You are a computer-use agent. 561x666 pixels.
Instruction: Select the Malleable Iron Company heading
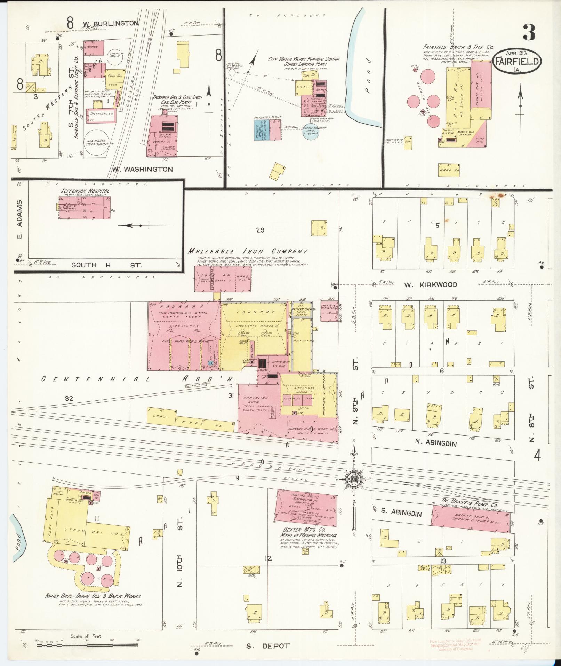[248, 251]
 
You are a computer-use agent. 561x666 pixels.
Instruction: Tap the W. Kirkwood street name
[431, 285]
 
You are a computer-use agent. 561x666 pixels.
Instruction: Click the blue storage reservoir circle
[311, 131]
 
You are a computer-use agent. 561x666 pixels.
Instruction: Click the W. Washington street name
[142, 170]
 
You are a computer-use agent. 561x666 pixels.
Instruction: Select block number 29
[260, 230]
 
